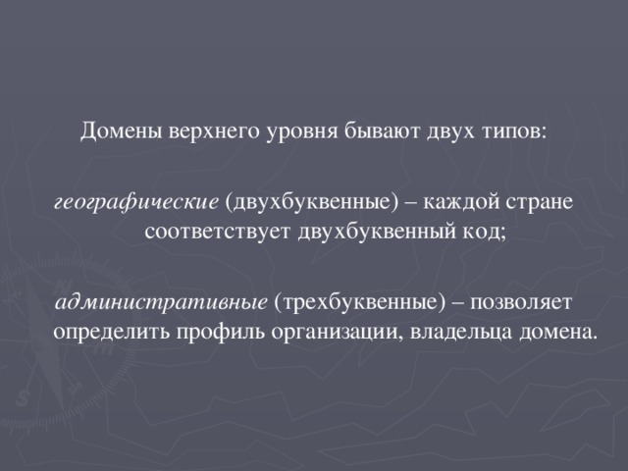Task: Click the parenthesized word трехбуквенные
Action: tap(360, 299)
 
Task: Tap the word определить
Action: tap(111, 330)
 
